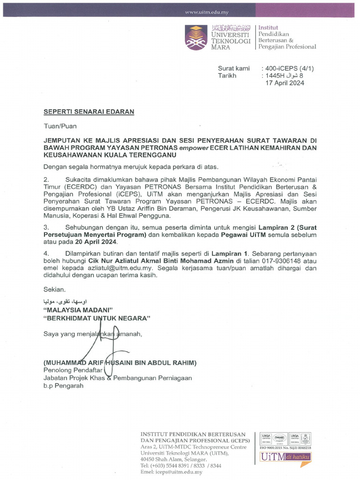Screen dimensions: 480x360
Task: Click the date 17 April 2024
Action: click(x=285, y=83)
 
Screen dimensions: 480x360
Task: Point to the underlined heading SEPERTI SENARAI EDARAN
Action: click(x=89, y=112)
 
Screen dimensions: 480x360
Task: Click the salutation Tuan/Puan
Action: click(x=60, y=126)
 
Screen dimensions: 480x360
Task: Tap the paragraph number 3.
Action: click(x=45, y=227)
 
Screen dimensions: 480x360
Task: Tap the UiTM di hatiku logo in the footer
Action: click(x=285, y=457)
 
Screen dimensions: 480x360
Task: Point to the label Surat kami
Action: click(x=233, y=68)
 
